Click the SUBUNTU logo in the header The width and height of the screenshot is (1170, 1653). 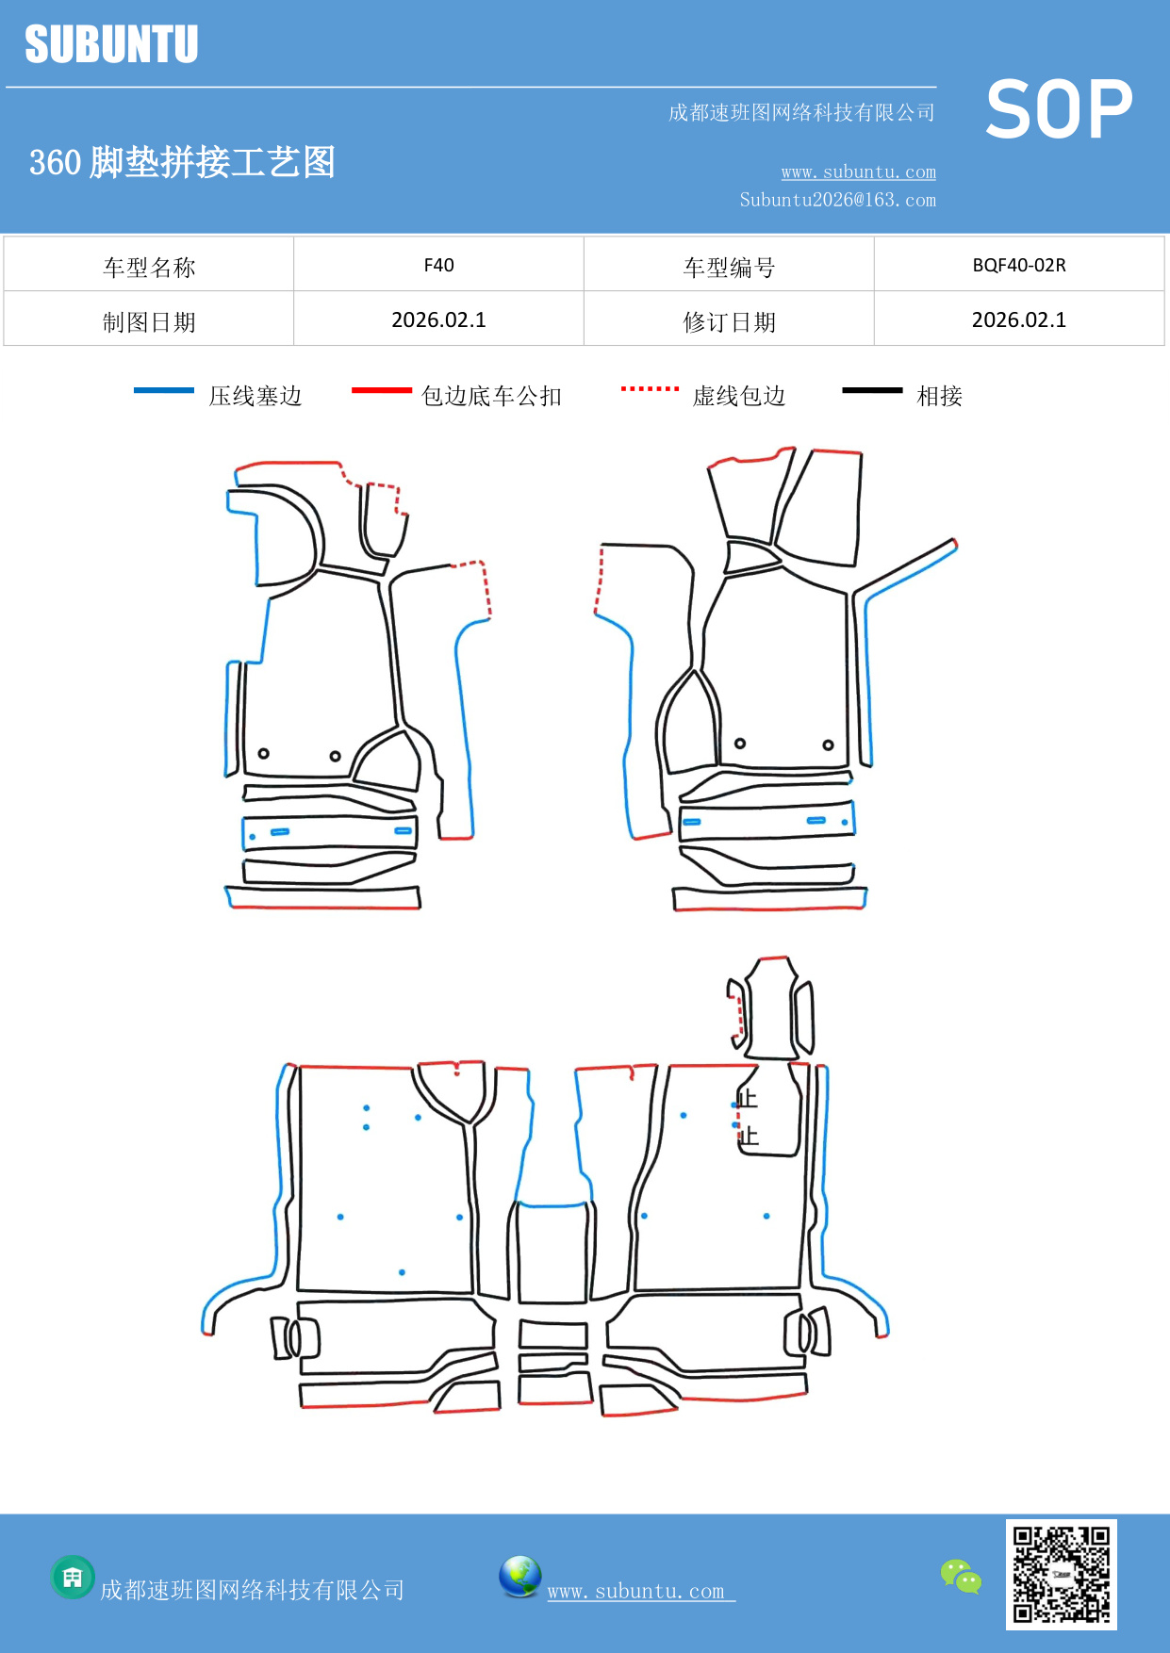(x=111, y=44)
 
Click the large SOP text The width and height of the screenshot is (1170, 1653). (x=1059, y=110)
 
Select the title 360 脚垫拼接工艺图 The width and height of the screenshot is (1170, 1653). (x=182, y=162)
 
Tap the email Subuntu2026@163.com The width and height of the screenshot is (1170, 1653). (x=837, y=200)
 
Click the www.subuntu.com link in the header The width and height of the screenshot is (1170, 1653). (x=858, y=172)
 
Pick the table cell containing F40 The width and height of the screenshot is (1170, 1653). (x=438, y=265)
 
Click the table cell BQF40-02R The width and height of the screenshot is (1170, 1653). (x=1018, y=265)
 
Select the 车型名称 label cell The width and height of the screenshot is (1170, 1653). (x=149, y=267)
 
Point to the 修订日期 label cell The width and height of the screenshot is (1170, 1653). (x=729, y=321)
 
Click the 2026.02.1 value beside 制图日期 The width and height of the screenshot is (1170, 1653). (x=438, y=320)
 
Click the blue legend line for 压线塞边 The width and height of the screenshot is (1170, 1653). (x=164, y=390)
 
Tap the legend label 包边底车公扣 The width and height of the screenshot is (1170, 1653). (x=491, y=396)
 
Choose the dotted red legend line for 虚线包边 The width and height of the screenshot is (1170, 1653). (x=650, y=388)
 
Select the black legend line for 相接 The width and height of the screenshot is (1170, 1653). (x=872, y=390)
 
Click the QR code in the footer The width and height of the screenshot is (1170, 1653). (x=1061, y=1574)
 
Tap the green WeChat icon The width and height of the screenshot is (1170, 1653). (x=961, y=1576)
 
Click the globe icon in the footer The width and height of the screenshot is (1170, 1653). (x=519, y=1577)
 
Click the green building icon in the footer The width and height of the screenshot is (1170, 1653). (x=73, y=1577)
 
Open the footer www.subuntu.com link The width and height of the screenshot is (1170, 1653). (x=640, y=1591)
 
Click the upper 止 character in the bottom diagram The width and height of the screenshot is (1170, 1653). (x=748, y=1098)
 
